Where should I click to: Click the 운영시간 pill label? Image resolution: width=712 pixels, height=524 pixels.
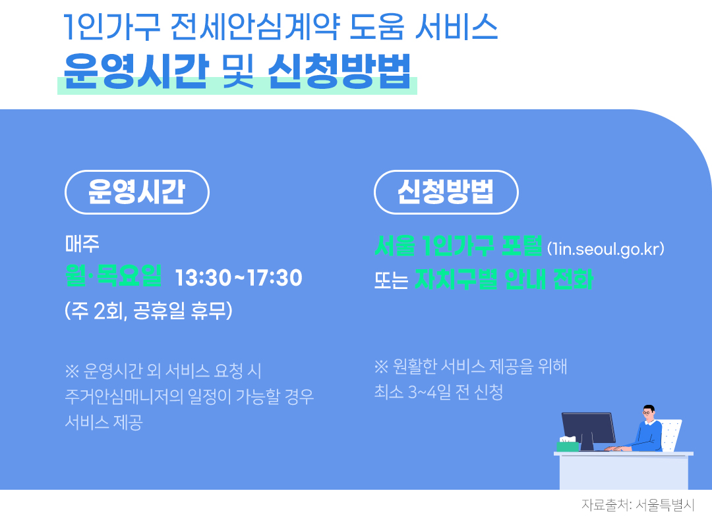click(x=136, y=192)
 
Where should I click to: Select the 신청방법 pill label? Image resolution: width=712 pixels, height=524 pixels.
click(x=446, y=192)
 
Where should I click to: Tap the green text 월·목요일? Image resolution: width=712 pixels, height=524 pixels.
click(x=113, y=277)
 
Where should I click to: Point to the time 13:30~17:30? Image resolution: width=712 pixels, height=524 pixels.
click(x=239, y=278)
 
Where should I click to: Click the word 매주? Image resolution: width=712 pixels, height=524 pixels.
click(x=82, y=245)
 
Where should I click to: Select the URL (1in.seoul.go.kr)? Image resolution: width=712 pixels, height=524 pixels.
click(x=605, y=249)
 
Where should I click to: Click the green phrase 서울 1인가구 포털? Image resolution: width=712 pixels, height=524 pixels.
click(x=458, y=247)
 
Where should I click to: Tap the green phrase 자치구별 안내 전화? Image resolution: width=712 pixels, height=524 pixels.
click(x=504, y=280)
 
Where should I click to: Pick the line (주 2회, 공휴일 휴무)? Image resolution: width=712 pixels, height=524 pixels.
click(x=148, y=311)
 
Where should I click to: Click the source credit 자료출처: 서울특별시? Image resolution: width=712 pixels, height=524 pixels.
click(x=638, y=506)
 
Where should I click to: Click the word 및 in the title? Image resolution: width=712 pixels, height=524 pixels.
click(x=239, y=68)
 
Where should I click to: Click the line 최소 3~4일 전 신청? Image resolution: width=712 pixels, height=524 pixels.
click(x=438, y=392)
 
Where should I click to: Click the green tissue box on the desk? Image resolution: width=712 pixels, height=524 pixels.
click(x=567, y=445)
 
